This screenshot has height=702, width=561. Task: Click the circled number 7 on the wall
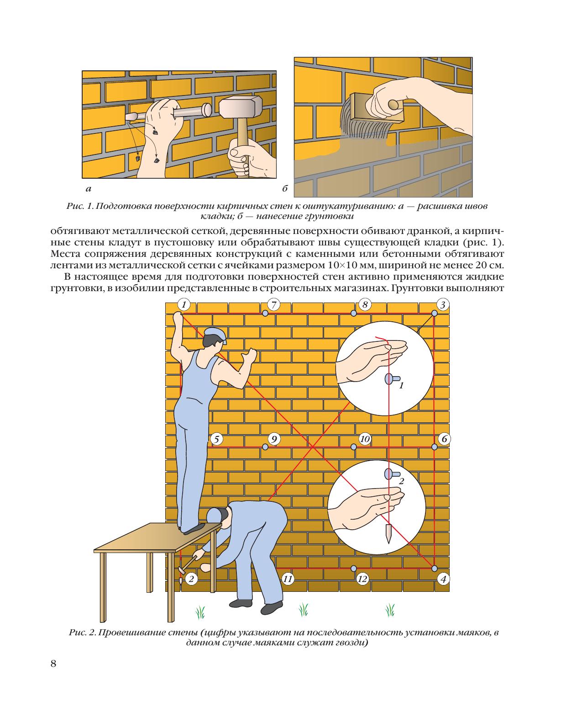[x=273, y=305]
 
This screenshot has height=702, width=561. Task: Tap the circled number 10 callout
[x=365, y=439]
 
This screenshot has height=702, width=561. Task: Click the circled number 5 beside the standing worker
[x=217, y=439]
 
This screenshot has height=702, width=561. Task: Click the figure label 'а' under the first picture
[x=88, y=189]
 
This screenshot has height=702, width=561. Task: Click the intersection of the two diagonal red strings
[x=313, y=447]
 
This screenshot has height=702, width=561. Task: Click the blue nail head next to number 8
[x=353, y=313]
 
